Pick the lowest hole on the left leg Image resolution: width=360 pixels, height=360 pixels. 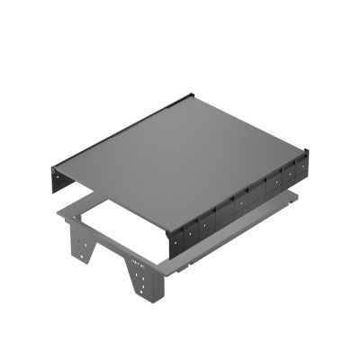[x=90, y=258]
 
